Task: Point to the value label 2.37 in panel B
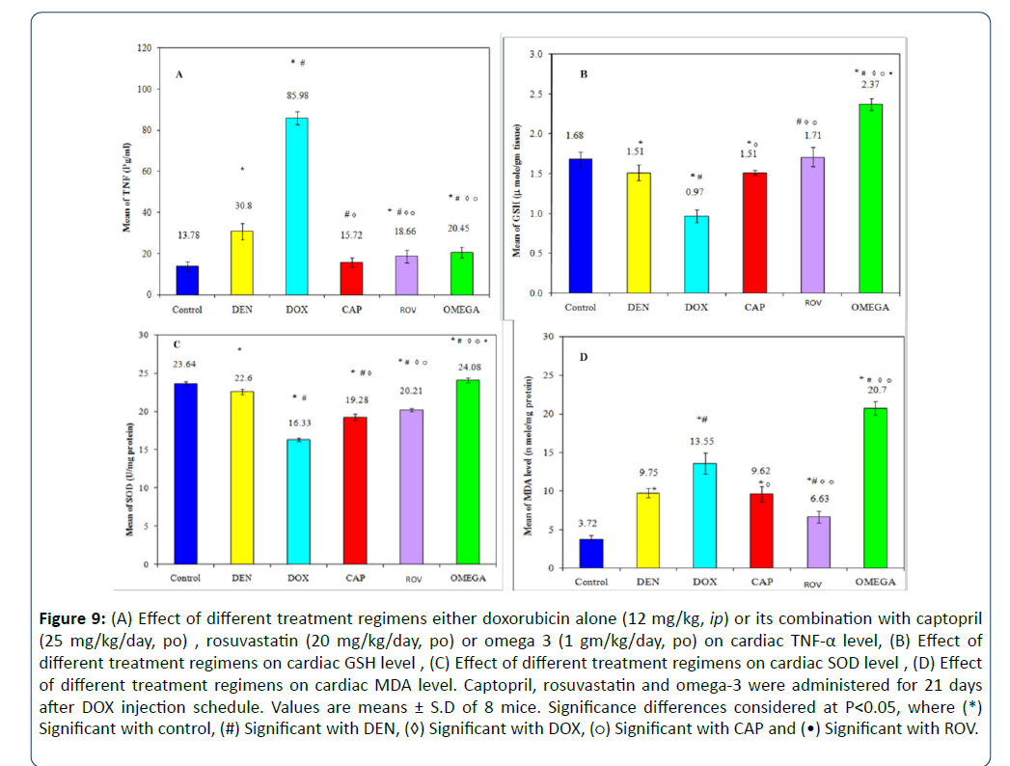point(871,85)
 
